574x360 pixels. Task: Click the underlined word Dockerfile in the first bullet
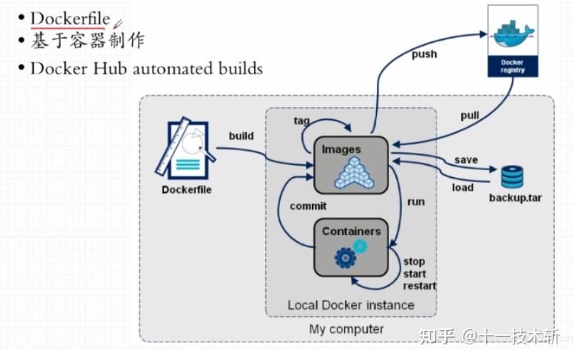click(70, 17)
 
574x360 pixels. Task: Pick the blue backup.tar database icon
click(512, 176)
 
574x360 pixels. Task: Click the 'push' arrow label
click(425, 54)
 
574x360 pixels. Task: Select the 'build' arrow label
click(241, 136)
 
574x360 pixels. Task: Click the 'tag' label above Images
click(301, 121)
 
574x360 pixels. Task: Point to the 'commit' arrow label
click(308, 206)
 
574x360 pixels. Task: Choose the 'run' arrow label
click(416, 201)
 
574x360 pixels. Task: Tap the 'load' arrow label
click(463, 187)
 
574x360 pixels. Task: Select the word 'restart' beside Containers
click(420, 286)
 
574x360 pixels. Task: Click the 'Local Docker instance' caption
click(351, 305)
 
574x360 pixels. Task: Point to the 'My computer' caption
click(346, 329)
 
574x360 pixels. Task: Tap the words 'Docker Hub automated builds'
click(146, 69)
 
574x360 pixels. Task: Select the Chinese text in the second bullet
click(87, 41)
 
